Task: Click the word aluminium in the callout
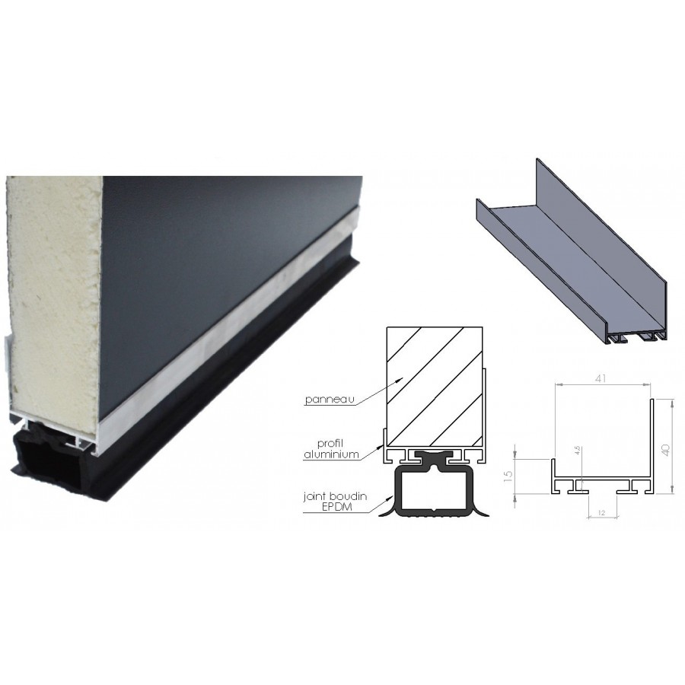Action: pos(331,454)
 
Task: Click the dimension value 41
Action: pos(601,378)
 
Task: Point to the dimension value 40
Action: pos(665,450)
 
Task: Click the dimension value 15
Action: pos(508,476)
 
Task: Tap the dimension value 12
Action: pos(601,513)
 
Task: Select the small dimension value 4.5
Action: pos(577,451)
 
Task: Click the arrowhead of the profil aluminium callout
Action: pos(381,446)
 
